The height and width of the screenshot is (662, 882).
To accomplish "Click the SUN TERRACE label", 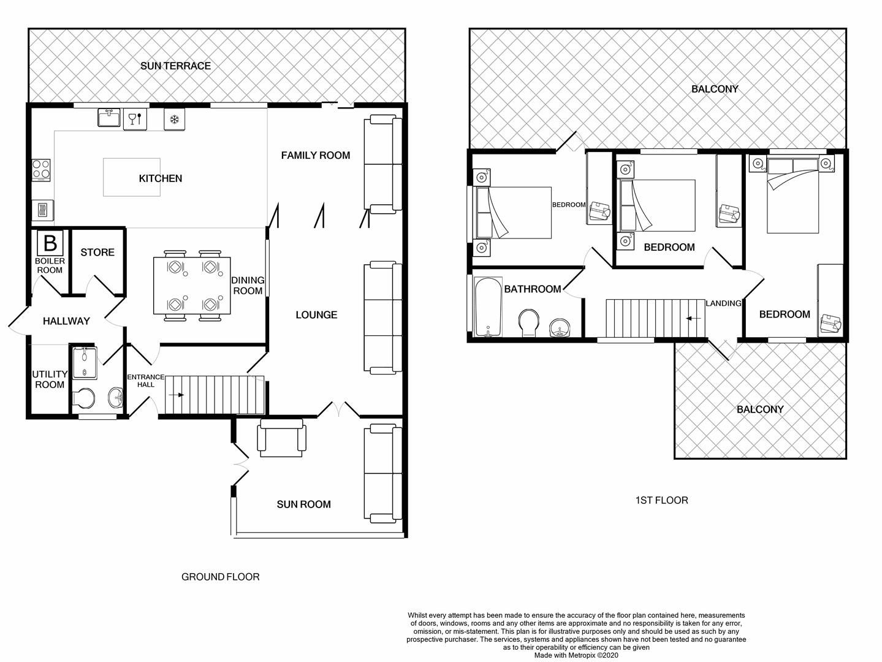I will pos(175,66).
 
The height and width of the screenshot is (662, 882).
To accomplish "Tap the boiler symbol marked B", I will pos(50,243).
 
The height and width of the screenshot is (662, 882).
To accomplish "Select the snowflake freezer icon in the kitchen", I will pos(174,119).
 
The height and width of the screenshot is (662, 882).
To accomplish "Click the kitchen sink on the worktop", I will pos(109,118).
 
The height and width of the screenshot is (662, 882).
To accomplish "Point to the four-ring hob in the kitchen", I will pos(41,170).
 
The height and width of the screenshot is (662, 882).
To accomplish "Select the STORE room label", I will pos(97,252).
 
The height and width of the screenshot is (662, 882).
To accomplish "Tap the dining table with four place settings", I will pos(192,286).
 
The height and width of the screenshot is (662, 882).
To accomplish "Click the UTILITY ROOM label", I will pos(50,379).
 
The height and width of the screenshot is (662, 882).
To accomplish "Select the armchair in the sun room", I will pos(282,439).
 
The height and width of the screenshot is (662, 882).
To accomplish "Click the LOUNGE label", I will pos(316,314).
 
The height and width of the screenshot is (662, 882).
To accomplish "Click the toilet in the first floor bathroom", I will pos(529,322).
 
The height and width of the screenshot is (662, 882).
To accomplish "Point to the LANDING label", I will pos(723,303).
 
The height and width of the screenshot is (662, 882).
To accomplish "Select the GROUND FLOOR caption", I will pos(220,577).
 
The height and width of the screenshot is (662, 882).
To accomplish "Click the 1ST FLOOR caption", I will pos(661,500).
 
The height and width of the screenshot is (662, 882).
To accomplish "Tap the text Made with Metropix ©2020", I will pos(576,655).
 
